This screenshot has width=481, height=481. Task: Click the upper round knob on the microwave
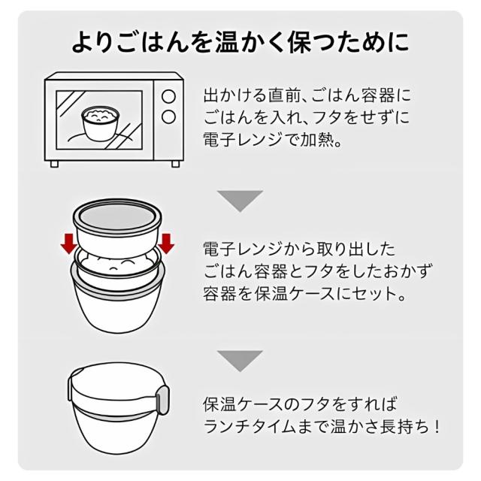coord(168,96)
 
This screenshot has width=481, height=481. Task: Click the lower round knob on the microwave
coord(168,117)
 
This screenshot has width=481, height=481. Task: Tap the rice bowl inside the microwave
coord(100,123)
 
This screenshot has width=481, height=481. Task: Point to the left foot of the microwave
coord(54,164)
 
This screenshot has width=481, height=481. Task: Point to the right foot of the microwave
coord(175,164)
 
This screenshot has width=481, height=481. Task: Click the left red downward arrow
coord(68,243)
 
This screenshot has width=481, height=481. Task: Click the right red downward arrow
coord(167,243)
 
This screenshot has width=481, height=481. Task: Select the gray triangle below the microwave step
coord(240,201)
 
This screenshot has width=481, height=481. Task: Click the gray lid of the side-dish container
coord(117,214)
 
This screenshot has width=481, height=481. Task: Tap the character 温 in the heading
coord(227,41)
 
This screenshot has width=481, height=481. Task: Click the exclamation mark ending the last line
coord(437,426)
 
